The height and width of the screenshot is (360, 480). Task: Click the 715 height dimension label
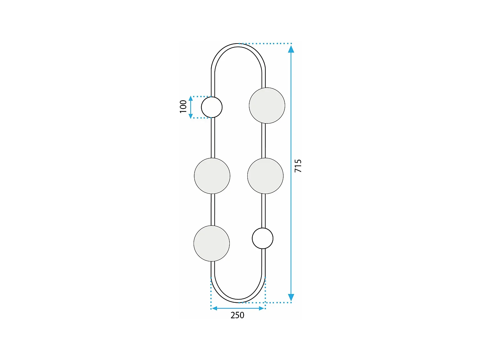coord(298,166)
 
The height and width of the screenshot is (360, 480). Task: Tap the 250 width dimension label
coord(237,315)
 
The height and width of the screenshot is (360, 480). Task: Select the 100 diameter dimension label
coord(183,107)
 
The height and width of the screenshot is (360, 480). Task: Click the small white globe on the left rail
coord(212,107)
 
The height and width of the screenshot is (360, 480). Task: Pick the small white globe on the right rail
coord(262,238)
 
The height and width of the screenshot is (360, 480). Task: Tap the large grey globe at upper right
coord(267,106)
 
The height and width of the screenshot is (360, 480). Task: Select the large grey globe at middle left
coord(212,176)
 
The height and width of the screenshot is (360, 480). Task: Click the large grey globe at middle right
coord(266,176)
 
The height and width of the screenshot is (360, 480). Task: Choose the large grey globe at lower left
coord(212,243)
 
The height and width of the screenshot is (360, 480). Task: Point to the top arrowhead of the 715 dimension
coord(291,49)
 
